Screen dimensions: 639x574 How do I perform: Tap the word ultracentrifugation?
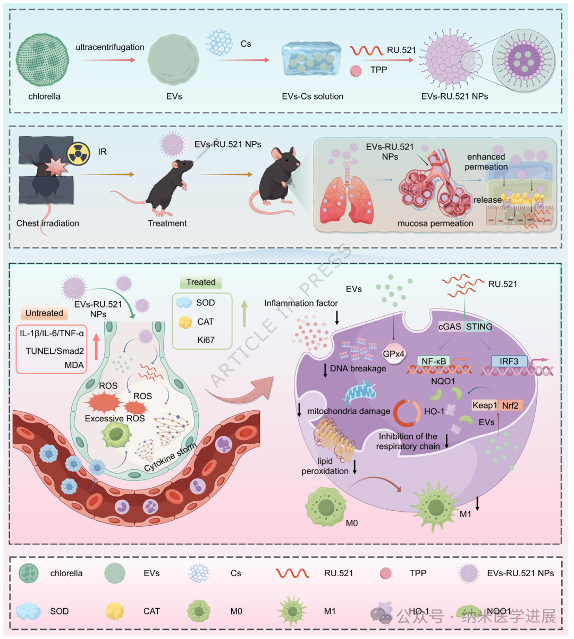click(110, 47)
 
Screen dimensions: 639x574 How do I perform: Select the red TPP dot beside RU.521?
click(356, 70)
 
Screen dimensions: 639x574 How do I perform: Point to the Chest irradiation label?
click(48, 223)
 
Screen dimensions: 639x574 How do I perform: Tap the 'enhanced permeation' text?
click(486, 162)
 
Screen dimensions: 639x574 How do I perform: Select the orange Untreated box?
click(44, 313)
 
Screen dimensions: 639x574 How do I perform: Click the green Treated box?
click(201, 283)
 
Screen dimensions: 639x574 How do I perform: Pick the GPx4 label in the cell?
click(394, 354)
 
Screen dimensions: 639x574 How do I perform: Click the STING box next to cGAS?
click(479, 327)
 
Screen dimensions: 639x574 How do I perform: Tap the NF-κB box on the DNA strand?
click(434, 361)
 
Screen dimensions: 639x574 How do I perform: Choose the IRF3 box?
click(509, 361)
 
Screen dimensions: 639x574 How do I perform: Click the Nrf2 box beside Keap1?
click(510, 405)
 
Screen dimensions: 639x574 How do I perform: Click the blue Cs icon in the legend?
click(199, 574)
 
